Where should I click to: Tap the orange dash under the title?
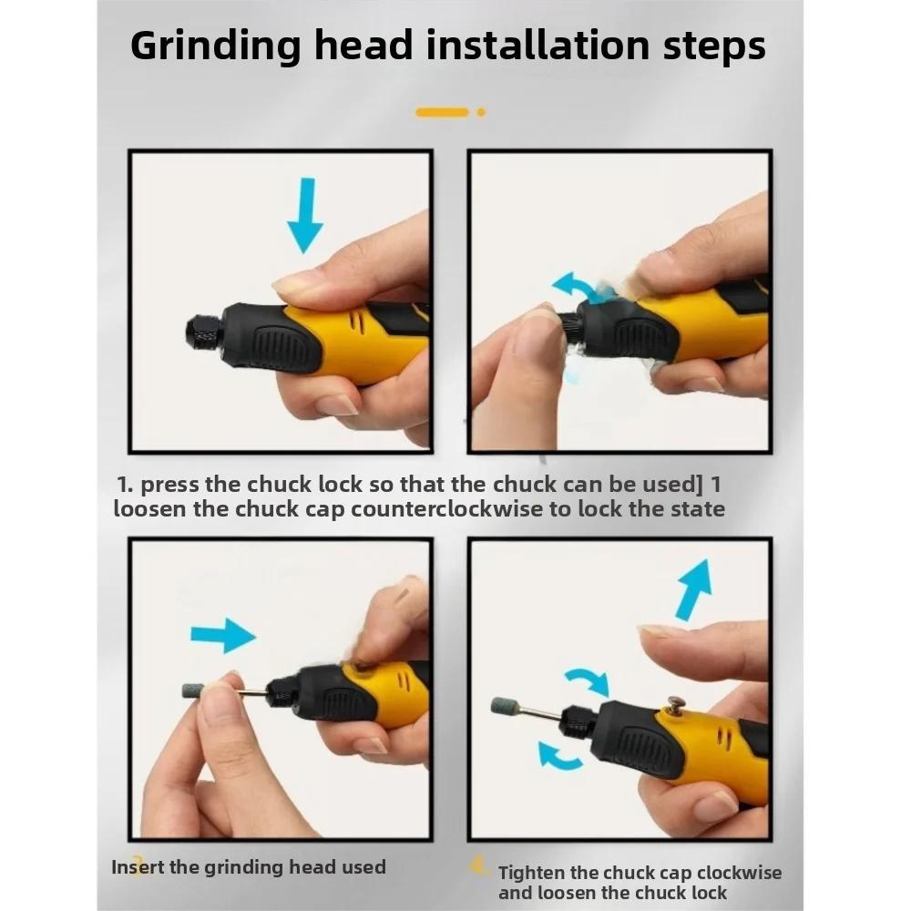coord(442,112)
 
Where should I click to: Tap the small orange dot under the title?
coord(481,112)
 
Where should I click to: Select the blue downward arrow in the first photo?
coord(304,215)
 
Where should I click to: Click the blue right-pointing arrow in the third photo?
coord(223,634)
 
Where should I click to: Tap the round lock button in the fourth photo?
coord(676,704)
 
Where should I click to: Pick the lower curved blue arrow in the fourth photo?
coord(558,755)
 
